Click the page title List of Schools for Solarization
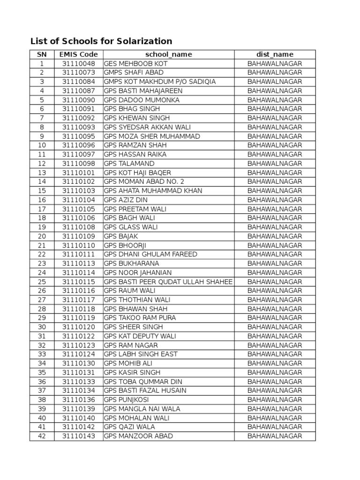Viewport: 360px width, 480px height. (101, 41)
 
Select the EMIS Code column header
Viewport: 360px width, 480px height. (78, 54)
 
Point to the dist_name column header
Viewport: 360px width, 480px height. (275, 54)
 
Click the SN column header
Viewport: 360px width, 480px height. (42, 54)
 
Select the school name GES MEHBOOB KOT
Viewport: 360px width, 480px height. (135, 63)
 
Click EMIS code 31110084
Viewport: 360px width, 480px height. (78, 82)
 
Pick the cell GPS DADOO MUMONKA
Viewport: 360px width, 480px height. (142, 100)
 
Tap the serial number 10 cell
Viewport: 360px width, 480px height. (42, 145)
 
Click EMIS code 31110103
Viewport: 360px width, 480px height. (78, 191)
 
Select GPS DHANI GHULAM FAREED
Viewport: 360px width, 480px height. (150, 254)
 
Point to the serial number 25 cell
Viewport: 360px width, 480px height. (42, 282)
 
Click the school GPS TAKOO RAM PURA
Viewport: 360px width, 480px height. (140, 318)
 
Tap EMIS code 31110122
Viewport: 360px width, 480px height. (78, 336)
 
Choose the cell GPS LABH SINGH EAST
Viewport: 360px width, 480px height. (141, 354)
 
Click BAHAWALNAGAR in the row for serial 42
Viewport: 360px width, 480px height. (275, 436)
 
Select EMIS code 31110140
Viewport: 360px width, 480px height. (78, 418)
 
